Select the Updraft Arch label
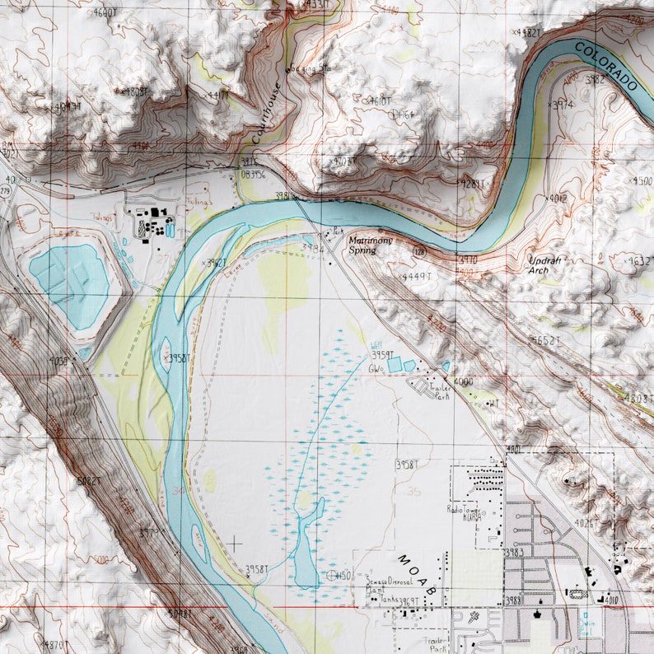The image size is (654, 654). coord(544,264)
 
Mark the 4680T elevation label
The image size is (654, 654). coord(106,12)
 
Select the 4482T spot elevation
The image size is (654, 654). coord(527,32)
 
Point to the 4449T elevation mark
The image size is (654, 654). coord(415,277)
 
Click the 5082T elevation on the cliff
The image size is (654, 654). coord(88,480)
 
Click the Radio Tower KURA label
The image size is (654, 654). coord(464,512)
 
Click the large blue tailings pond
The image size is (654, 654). coord(70,280)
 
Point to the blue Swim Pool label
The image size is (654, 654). coord(586,625)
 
